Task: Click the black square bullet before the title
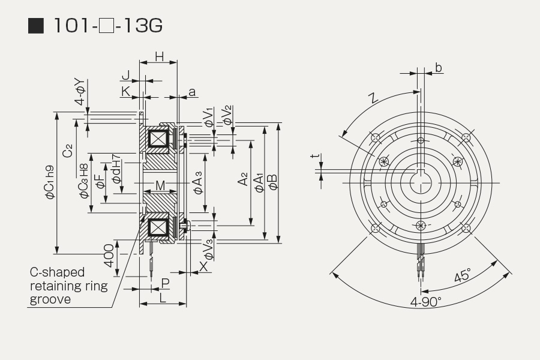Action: tap(36, 26)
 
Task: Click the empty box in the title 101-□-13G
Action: tap(106, 26)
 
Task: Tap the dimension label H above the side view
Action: tap(159, 56)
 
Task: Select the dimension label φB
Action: tap(274, 182)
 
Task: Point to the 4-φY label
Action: tap(80, 92)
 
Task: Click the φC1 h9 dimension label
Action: tap(50, 182)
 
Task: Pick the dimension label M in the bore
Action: tap(160, 185)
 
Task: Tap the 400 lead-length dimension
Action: tap(109, 256)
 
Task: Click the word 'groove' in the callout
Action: tap(50, 299)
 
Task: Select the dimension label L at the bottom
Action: tap(163, 298)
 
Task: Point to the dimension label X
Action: tap(204, 266)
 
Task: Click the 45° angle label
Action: tap(462, 275)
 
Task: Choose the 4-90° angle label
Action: tap(425, 302)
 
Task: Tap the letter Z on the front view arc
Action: tap(373, 98)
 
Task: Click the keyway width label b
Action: tap(439, 68)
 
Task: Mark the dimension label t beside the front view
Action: tap(315, 156)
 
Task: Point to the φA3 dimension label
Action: tap(199, 182)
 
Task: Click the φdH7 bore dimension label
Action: tap(116, 169)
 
